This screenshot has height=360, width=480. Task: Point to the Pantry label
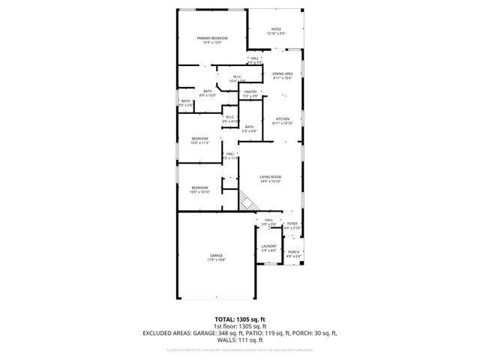pos(250,94)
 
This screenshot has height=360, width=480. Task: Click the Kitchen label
pos(282,121)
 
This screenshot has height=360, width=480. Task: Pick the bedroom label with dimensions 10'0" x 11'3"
pos(199,140)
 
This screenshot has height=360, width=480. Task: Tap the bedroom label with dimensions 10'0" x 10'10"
pos(199,189)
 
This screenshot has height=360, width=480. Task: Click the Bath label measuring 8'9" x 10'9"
pos(207,93)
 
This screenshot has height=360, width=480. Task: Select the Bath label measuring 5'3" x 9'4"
pos(249,129)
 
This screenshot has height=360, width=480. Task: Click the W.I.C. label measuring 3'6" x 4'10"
pos(230,118)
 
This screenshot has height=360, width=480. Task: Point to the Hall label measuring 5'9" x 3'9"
pos(268,222)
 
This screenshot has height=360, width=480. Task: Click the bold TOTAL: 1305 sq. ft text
pos(239,319)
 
